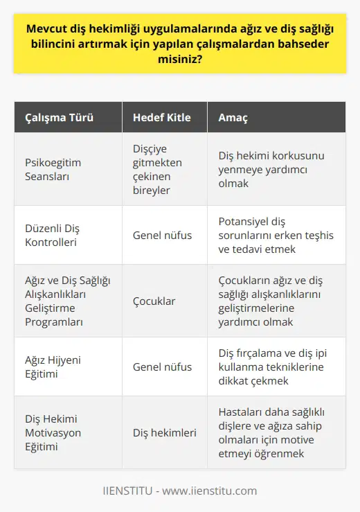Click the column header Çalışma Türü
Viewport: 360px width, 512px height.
tap(56, 118)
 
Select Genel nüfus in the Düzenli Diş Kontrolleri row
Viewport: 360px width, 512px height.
tap(162, 235)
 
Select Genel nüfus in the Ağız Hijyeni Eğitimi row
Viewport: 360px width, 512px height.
tap(162, 367)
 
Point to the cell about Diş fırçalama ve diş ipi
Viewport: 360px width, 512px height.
tap(278, 367)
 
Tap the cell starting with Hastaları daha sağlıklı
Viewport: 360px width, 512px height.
tap(278, 433)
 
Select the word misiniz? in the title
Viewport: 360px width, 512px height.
tap(180, 60)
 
